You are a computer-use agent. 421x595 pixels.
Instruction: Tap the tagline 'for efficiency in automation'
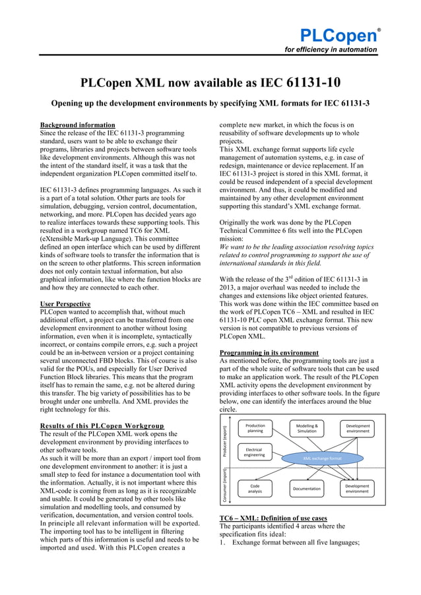click(x=331, y=49)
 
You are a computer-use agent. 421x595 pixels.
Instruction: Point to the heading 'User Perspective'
click(x=65, y=303)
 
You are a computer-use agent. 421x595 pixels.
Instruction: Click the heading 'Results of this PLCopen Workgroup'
click(x=102, y=425)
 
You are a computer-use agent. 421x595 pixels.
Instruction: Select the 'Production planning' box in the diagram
click(x=255, y=429)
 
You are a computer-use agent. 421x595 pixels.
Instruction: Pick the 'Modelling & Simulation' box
click(x=306, y=429)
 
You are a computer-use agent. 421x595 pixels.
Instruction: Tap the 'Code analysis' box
click(x=255, y=488)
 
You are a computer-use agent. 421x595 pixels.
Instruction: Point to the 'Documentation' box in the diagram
click(x=306, y=489)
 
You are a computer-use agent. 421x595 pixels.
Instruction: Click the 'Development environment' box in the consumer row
click(x=358, y=488)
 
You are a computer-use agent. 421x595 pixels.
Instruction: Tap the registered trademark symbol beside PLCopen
click(x=378, y=28)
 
